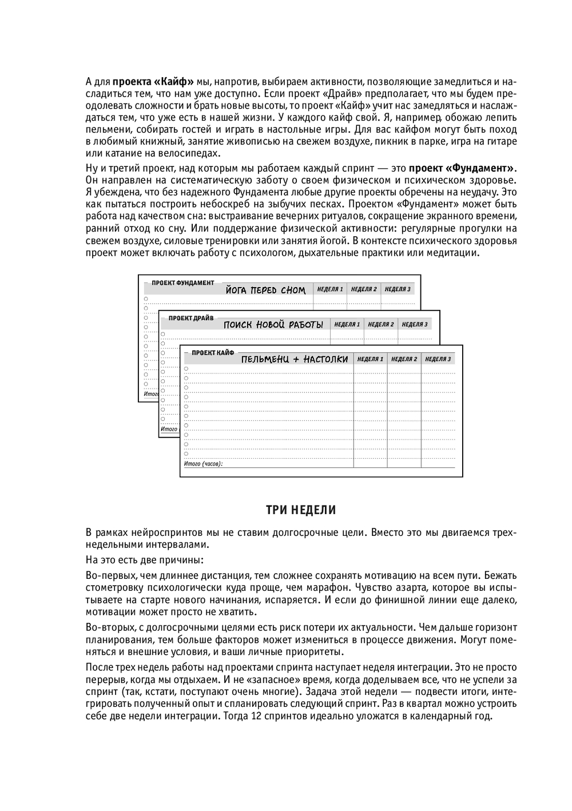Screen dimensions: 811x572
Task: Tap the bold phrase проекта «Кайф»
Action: click(153, 81)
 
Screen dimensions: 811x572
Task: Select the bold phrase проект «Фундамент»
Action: click(462, 168)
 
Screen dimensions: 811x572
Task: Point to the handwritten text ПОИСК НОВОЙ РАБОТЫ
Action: click(273, 325)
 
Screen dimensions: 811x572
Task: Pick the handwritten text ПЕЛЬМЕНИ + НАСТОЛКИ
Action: click(295, 359)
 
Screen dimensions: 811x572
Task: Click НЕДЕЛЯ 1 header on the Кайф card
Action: click(370, 359)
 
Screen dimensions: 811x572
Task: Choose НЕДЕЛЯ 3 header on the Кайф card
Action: click(438, 359)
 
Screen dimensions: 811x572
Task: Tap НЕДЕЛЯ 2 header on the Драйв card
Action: click(381, 324)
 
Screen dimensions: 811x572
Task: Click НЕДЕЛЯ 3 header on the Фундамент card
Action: click(398, 289)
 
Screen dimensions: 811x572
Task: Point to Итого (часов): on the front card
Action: click(203, 464)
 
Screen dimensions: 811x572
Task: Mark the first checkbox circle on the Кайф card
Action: click(186, 369)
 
